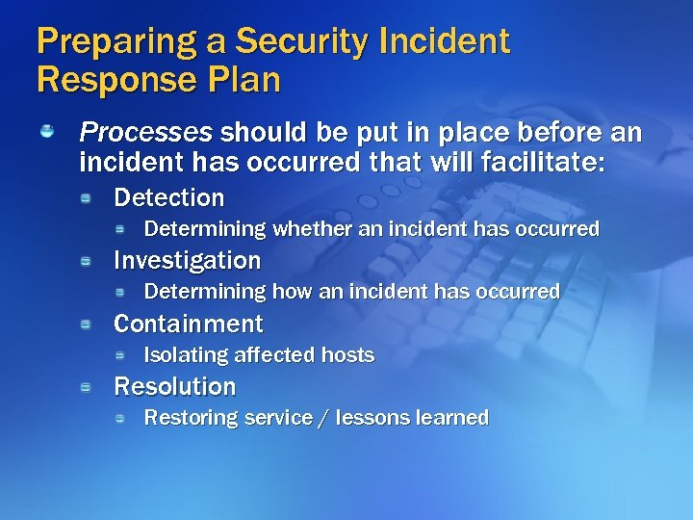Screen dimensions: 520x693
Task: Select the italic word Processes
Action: click(x=145, y=132)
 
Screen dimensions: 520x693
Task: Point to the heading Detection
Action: click(x=168, y=198)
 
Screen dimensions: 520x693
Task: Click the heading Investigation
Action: click(x=188, y=261)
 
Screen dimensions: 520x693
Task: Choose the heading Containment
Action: click(x=189, y=324)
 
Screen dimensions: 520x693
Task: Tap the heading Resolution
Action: click(x=175, y=386)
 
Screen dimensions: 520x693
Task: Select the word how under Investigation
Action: click(x=292, y=292)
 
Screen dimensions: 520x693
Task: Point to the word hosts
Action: click(x=347, y=355)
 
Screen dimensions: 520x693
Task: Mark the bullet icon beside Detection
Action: click(x=86, y=198)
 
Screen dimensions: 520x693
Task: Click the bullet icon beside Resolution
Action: click(x=86, y=387)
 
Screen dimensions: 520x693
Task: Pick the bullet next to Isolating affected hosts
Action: click(x=120, y=355)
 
